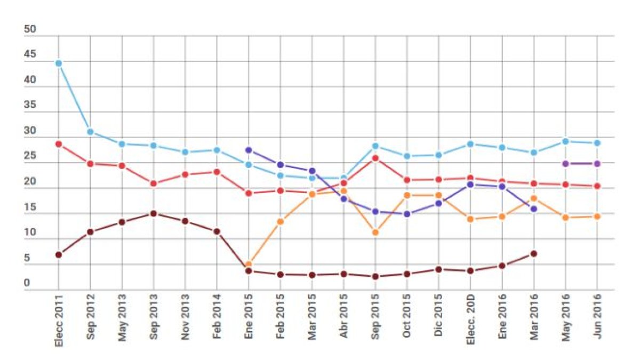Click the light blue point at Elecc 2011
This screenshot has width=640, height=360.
click(x=59, y=63)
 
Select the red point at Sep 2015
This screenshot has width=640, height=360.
click(x=375, y=158)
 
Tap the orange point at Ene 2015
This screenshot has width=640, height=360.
click(x=249, y=265)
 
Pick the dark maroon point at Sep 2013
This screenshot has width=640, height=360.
click(x=154, y=214)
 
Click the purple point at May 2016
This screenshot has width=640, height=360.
click(x=565, y=164)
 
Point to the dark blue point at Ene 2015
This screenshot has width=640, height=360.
click(x=249, y=150)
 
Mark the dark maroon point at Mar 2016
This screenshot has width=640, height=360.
click(x=533, y=254)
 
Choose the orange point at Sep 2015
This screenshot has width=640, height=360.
click(x=375, y=233)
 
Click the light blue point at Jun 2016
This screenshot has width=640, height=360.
click(x=597, y=143)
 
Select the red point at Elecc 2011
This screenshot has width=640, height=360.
click(x=59, y=144)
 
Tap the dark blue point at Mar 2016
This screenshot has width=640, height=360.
click(x=533, y=209)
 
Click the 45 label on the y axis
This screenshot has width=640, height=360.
click(x=30, y=55)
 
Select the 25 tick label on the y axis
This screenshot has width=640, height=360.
click(x=30, y=156)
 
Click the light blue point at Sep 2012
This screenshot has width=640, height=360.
click(x=90, y=132)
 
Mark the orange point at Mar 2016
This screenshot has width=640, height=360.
click(x=533, y=198)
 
